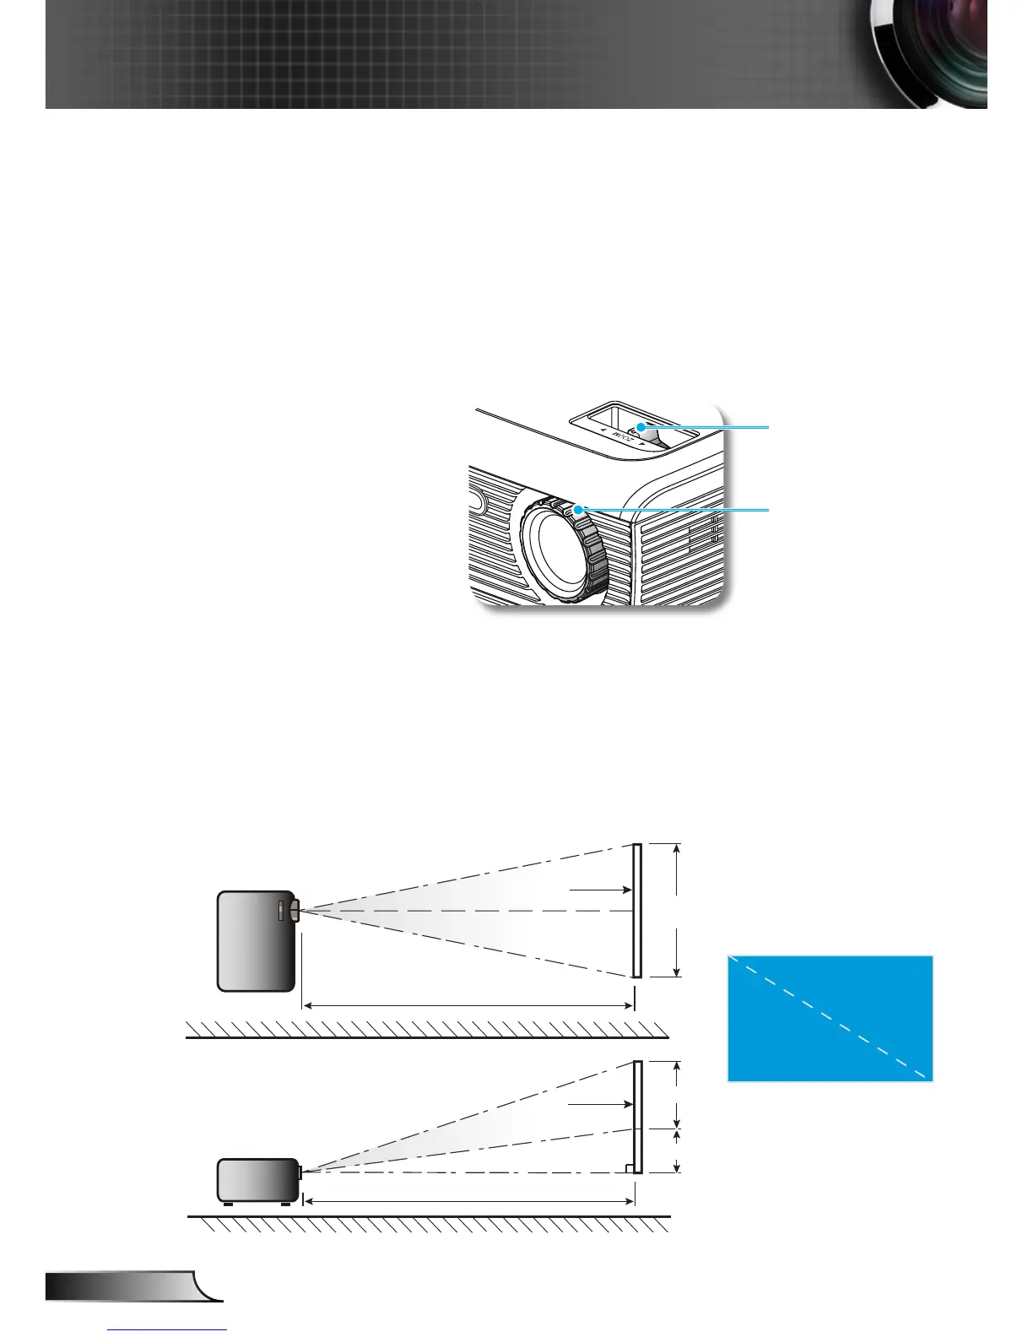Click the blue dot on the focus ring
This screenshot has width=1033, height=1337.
tap(578, 511)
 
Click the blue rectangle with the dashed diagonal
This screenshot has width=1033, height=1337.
tap(830, 1018)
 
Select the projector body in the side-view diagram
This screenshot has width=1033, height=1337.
tap(257, 1179)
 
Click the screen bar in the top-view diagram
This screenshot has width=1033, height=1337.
tap(637, 910)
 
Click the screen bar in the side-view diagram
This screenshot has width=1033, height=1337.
tap(637, 1116)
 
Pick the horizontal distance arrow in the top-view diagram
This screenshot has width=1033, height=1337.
tap(468, 1005)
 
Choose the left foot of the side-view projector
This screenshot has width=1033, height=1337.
tap(228, 1204)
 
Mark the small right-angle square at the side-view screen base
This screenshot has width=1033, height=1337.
tap(629, 1167)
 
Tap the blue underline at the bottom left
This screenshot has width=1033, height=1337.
tap(168, 1330)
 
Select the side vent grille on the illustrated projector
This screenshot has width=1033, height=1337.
tap(679, 549)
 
